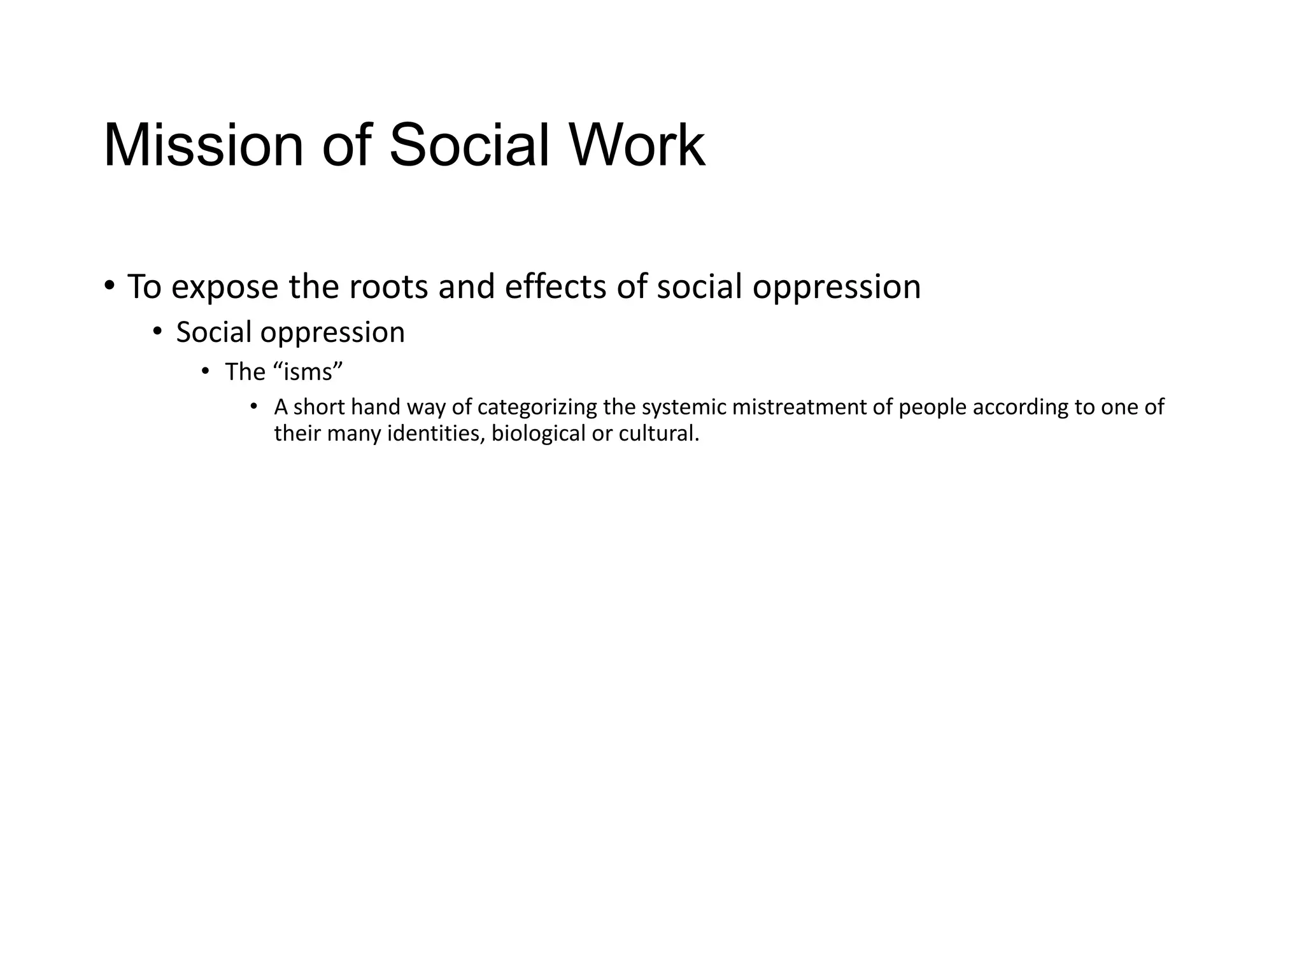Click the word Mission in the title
pyautogui.click(x=203, y=146)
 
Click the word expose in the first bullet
pyautogui.click(x=225, y=288)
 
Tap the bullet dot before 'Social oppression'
pyautogui.click(x=158, y=331)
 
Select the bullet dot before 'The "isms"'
pyautogui.click(x=205, y=371)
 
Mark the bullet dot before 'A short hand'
pyautogui.click(x=253, y=406)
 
